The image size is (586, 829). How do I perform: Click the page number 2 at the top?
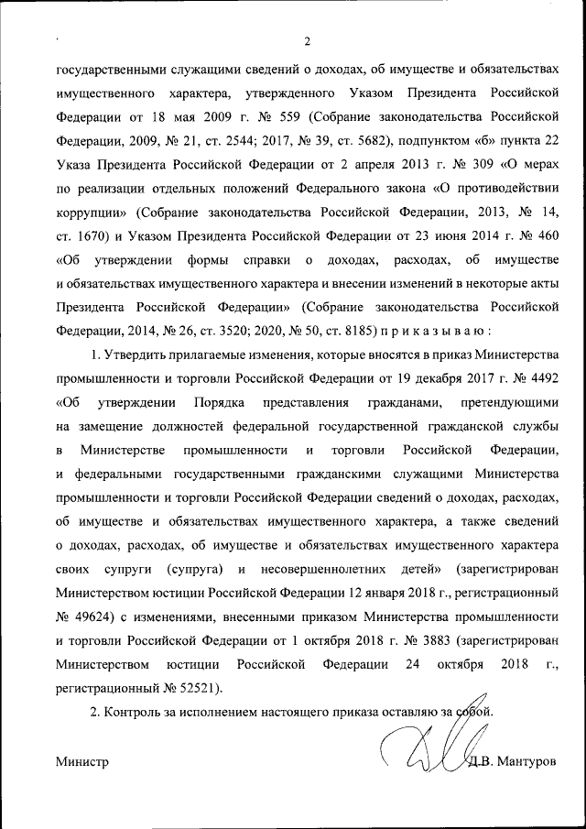pos(308,41)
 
